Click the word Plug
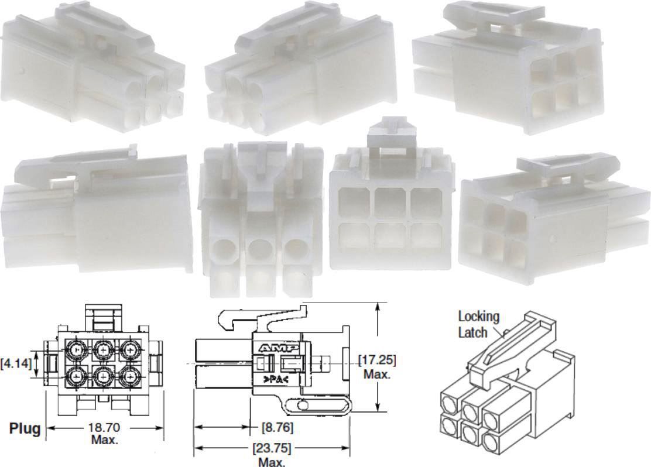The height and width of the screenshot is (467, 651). click(25, 428)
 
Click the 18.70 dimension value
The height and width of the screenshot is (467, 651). click(104, 428)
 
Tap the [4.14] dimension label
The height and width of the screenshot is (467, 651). click(17, 363)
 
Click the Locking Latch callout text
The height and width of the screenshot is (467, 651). click(478, 324)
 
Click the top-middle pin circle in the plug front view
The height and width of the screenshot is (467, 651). click(103, 349)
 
